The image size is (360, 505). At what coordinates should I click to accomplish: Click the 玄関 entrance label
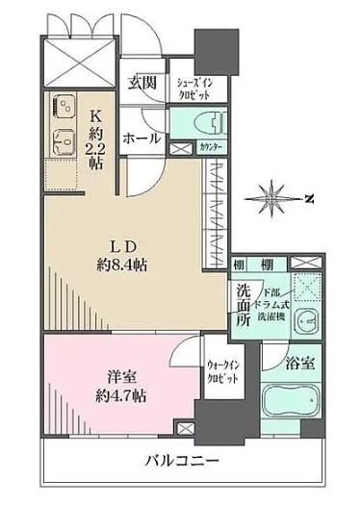tap(142, 83)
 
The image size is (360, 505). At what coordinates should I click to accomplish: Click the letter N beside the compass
tap(309, 199)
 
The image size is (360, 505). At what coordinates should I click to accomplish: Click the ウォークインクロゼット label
tap(223, 370)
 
